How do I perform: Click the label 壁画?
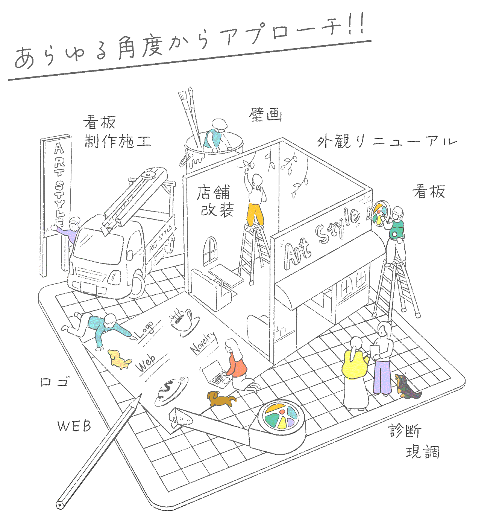265,114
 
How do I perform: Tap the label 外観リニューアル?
387,142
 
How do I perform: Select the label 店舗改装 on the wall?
215,202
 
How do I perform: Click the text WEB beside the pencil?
74,426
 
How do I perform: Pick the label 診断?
405,431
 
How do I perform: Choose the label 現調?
423,452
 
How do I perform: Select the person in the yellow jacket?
355,373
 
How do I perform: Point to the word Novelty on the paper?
203,342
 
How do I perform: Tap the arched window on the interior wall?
211,250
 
